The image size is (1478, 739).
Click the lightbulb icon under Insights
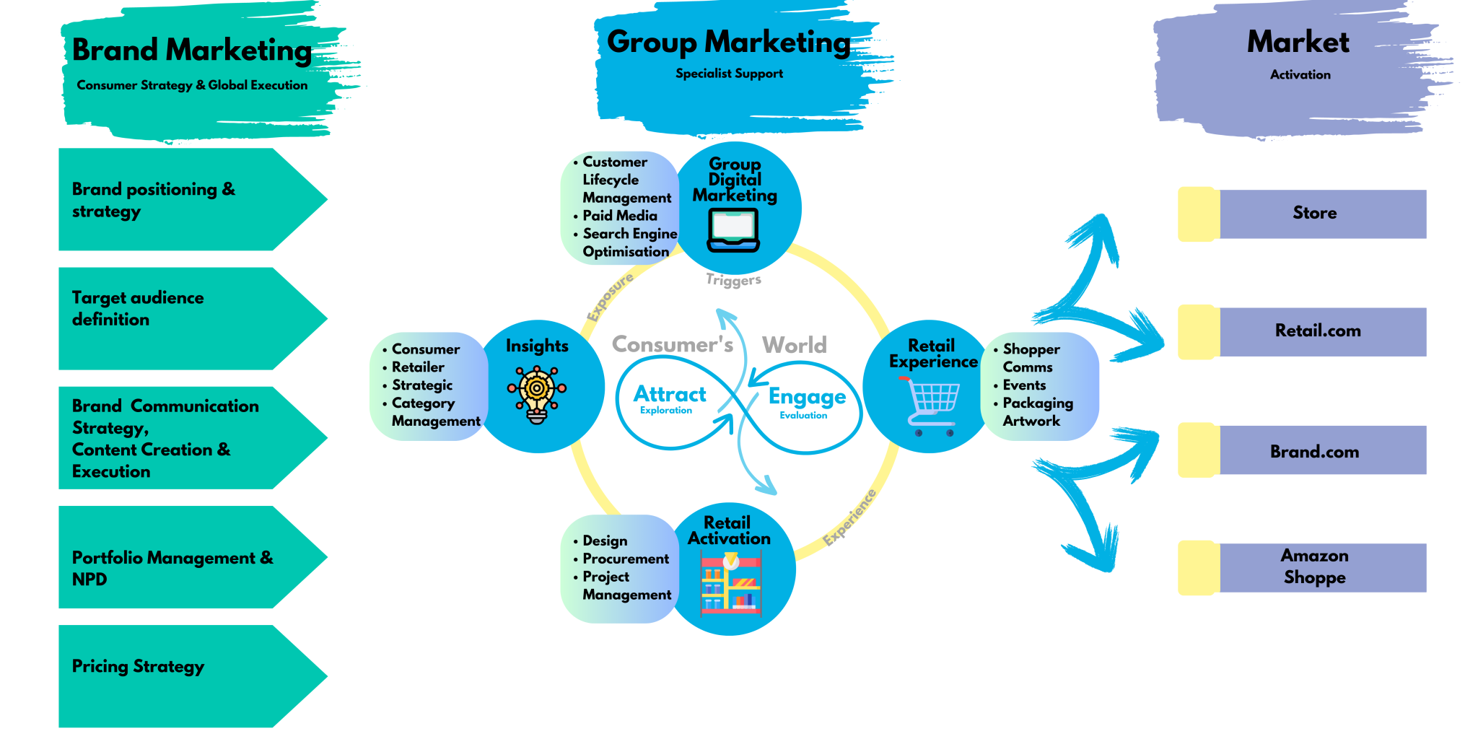(x=537, y=393)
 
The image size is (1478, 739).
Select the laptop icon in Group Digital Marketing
(x=733, y=230)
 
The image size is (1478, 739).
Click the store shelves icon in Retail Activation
(x=730, y=583)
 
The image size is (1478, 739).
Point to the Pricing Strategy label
(x=138, y=666)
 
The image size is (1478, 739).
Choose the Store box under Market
(x=1314, y=213)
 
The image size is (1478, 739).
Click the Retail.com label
(x=1318, y=331)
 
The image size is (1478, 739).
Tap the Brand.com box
(x=1314, y=451)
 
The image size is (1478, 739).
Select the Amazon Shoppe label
(x=1314, y=567)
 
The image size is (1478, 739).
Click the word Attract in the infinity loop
(x=670, y=394)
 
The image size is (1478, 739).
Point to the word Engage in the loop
(x=807, y=396)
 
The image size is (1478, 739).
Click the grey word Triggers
(x=733, y=280)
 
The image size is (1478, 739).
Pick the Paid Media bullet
(x=619, y=216)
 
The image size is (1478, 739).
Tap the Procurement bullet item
(x=625, y=559)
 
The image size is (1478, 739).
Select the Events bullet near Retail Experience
(x=1023, y=385)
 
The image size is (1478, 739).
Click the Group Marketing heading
(x=729, y=42)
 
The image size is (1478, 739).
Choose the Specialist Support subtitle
(x=729, y=74)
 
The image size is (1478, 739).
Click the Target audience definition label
(x=137, y=308)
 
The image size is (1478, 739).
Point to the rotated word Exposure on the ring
(x=610, y=297)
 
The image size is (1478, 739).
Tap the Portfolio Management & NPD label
(x=172, y=568)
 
